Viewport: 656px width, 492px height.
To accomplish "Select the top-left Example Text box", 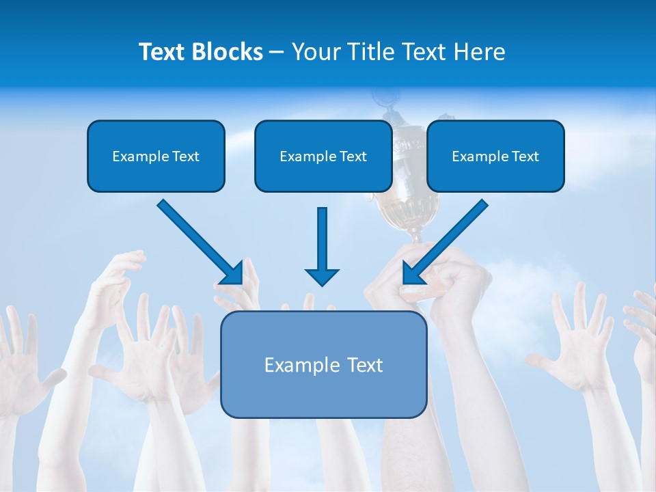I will pyautogui.click(x=156, y=156).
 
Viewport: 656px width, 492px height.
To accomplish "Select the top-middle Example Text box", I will pyautogui.click(x=323, y=156).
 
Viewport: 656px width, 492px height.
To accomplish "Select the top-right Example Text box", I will pyautogui.click(x=495, y=156).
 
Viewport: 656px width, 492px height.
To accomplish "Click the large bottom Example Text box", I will pyautogui.click(x=323, y=365).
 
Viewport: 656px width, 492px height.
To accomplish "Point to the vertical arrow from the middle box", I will pyautogui.click(x=322, y=239).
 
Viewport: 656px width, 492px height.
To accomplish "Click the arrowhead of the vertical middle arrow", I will pyautogui.click(x=322, y=277).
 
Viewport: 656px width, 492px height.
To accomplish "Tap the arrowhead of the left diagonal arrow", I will pyautogui.click(x=232, y=274).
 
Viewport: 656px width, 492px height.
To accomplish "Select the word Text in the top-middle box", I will pyautogui.click(x=353, y=156).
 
